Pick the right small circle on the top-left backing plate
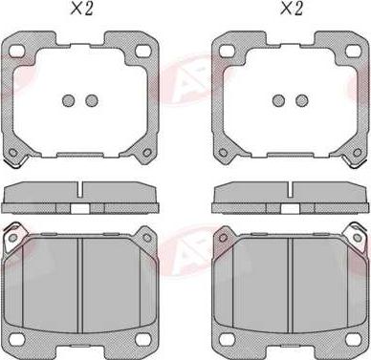tap(93, 101)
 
